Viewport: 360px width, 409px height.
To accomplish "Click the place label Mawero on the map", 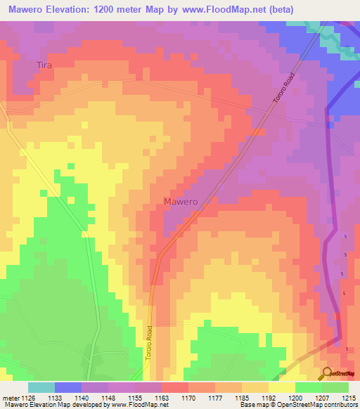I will pos(181,202).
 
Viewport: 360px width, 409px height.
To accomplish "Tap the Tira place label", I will pos(44,65).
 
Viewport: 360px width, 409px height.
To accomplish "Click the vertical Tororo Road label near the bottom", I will pos(149,342).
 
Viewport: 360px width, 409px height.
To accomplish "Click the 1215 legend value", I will pos(349,397).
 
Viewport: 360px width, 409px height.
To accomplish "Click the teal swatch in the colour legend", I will pos(41,387).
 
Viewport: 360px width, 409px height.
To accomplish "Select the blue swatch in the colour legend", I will pos(68,387).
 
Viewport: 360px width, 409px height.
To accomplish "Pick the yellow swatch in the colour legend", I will pos(281,387).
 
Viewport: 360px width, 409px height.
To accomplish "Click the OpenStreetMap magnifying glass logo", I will pos(328,373).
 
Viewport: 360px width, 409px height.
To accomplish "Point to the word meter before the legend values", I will pos(11,397).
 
